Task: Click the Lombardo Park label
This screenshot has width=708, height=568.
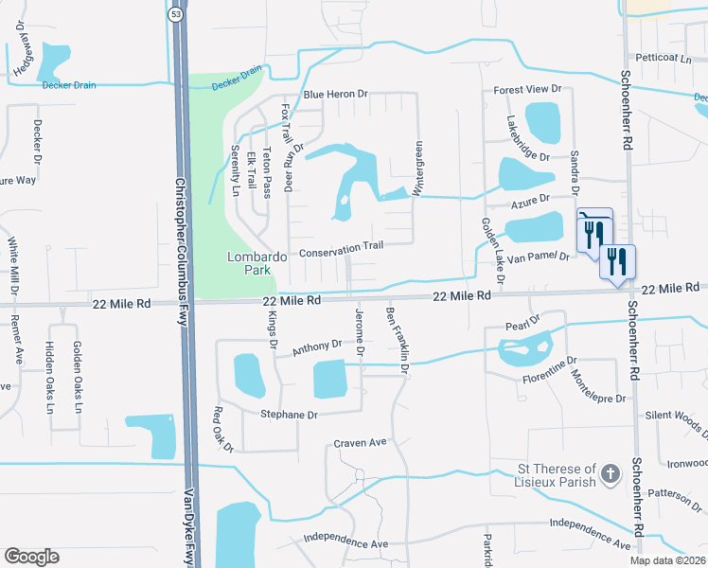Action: coord(251,263)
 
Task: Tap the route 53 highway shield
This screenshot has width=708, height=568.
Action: coord(177,14)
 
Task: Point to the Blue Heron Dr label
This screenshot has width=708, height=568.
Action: coord(335,96)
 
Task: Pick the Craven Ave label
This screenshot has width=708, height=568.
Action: coord(361,443)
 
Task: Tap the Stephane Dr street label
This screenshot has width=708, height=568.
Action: coord(287,414)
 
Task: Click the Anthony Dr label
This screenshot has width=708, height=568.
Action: coord(316,347)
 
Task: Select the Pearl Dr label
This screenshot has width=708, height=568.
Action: coord(522,323)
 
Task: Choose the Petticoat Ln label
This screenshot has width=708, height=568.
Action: coord(664,58)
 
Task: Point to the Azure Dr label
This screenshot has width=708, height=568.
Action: coord(530,200)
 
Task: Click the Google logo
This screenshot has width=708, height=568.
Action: coord(31,557)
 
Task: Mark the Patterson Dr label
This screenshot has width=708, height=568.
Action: coord(674,492)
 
